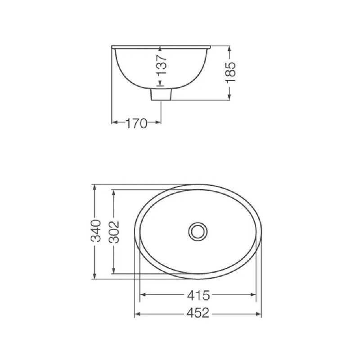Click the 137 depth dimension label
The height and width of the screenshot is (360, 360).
[162, 64]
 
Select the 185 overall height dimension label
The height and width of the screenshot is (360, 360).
[230, 72]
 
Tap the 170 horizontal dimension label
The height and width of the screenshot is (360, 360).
[136, 123]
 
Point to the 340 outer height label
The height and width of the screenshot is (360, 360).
[96, 231]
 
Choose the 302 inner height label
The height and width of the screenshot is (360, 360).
[114, 232]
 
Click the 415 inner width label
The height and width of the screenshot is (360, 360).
[198, 295]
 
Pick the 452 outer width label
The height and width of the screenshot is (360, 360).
[198, 313]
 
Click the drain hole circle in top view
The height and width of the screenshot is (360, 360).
[198, 231]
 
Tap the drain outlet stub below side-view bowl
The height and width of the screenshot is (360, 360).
[161, 94]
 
